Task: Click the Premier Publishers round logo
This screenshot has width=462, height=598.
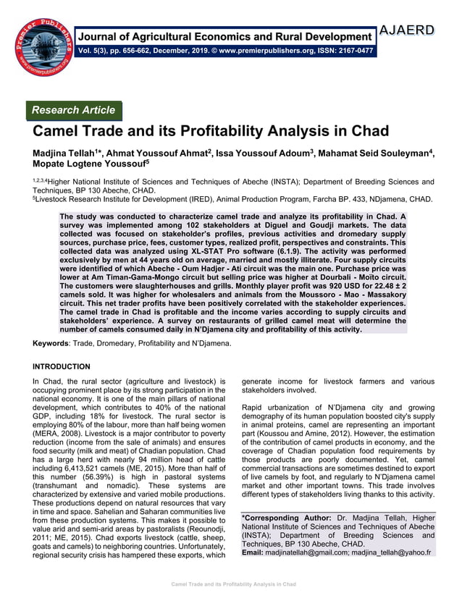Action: coord(44,45)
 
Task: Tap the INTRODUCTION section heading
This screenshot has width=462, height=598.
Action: coord(62,366)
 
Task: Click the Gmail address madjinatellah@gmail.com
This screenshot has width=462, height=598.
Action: coord(311,552)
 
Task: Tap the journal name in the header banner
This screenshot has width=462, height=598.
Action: coord(227,36)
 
